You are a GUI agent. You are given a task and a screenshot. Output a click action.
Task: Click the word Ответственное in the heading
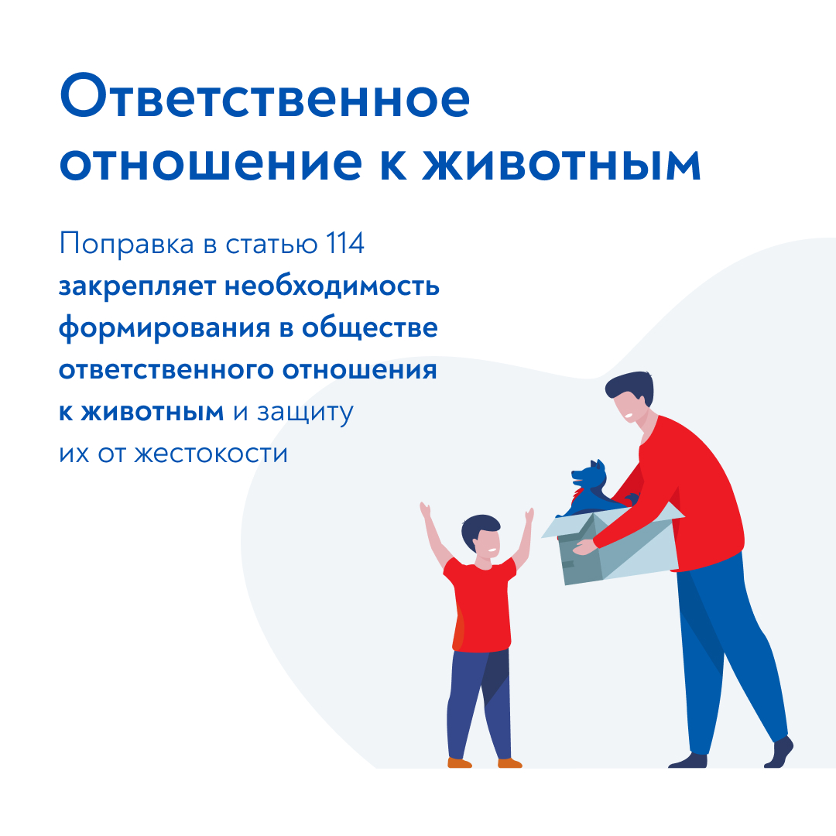point(265,98)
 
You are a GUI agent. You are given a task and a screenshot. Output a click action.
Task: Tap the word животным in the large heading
point(561,163)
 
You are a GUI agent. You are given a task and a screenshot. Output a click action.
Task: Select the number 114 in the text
point(345,244)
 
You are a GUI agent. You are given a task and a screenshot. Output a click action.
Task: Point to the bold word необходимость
point(331,286)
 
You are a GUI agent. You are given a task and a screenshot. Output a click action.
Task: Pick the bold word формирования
point(164,329)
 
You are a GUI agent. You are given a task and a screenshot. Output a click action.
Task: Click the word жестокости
point(211,454)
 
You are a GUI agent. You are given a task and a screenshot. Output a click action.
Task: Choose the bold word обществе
point(369,327)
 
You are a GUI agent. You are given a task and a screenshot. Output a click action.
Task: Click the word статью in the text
point(272,245)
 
